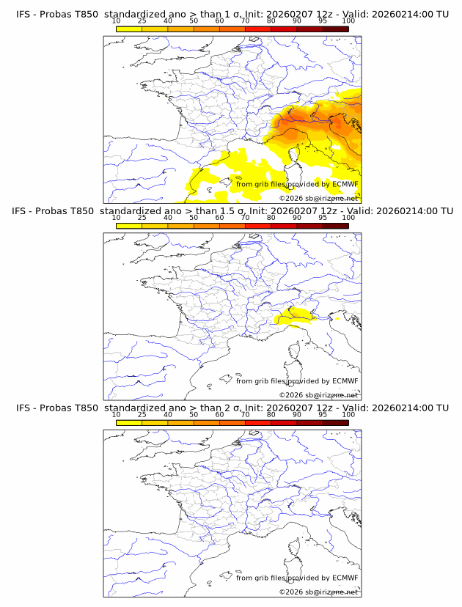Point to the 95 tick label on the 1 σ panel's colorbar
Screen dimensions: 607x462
pyautogui.click(x=322, y=21)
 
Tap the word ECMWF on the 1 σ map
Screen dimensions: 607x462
pyautogui.click(x=345, y=184)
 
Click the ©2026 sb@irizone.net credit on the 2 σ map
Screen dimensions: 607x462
pyautogui.click(x=318, y=592)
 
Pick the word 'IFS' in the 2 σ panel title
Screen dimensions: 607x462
pyautogui.click(x=23, y=408)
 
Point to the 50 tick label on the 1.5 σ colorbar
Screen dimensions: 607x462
pyautogui.click(x=194, y=218)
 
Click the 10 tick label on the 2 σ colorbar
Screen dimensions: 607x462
pyautogui.click(x=117, y=415)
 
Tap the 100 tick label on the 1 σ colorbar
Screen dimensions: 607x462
pyautogui.click(x=348, y=21)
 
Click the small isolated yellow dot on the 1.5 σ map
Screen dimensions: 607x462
pyautogui.click(x=337, y=319)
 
